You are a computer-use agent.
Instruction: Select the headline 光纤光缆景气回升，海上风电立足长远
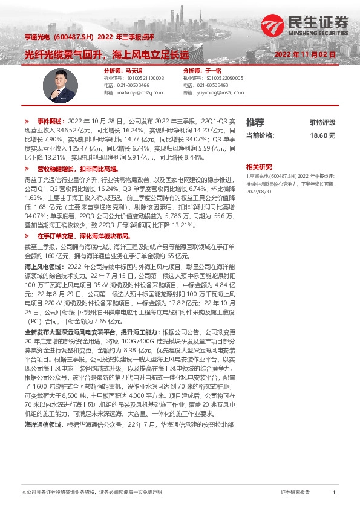106,54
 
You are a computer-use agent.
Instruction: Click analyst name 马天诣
133,71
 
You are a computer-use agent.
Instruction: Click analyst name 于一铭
212,71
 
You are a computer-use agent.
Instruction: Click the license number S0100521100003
141,78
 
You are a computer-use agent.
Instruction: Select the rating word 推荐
255,122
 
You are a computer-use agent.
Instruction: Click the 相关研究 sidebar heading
259,167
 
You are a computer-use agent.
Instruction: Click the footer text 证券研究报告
295,493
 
